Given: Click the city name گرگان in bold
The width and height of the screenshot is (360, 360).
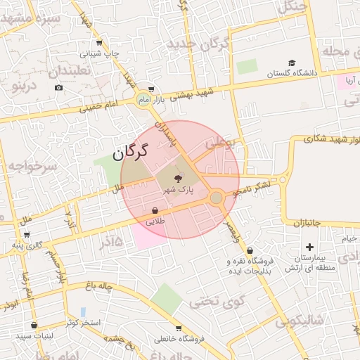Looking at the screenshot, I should click(x=131, y=150).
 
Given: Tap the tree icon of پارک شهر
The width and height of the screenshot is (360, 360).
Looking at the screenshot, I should click(x=176, y=179).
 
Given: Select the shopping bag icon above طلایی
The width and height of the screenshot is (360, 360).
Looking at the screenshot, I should click(x=155, y=210).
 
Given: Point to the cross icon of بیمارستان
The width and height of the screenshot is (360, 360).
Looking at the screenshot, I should click(x=309, y=247).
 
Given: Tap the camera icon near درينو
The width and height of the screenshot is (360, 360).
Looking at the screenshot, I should click(x=58, y=88).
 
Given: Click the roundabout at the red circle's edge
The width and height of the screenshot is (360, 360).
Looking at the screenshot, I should click(x=217, y=198).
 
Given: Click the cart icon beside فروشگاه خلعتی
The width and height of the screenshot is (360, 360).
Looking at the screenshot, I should click(x=179, y=328).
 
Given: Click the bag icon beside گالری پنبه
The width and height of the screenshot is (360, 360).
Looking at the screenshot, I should click(x=18, y=236).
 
